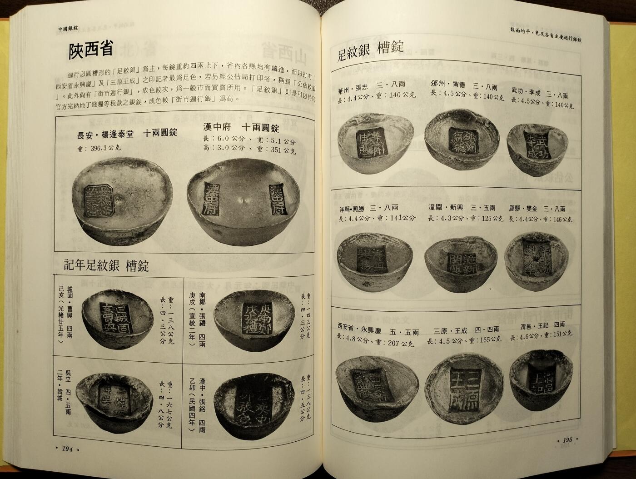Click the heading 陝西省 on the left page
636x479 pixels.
[90, 50]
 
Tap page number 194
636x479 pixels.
[67, 449]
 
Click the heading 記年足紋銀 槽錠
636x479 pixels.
[106, 265]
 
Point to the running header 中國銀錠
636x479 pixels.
[68, 29]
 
